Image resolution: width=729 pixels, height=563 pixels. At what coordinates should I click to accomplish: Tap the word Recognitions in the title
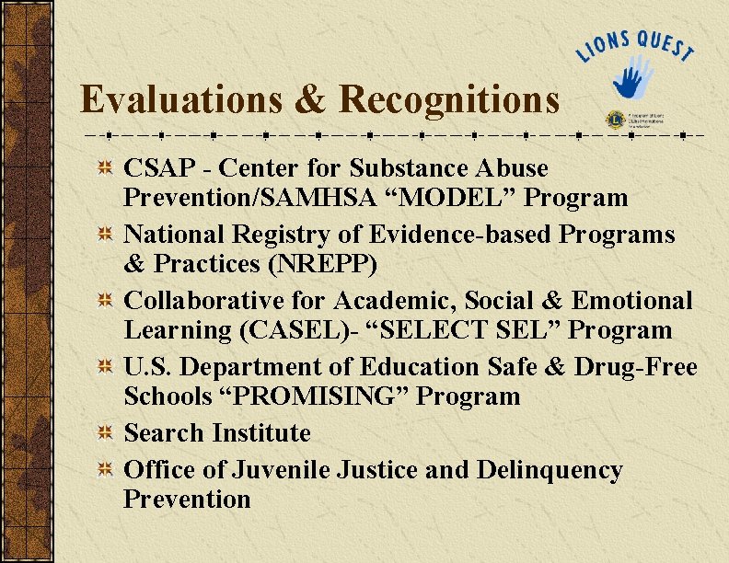point(449,99)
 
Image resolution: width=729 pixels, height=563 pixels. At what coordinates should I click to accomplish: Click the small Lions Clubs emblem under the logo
point(614,119)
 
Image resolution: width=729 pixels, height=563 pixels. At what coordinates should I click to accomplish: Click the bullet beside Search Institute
point(107,433)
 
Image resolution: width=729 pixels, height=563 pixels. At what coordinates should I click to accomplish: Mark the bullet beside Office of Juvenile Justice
point(107,471)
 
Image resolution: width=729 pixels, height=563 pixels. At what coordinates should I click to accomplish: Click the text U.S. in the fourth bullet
point(148,367)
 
